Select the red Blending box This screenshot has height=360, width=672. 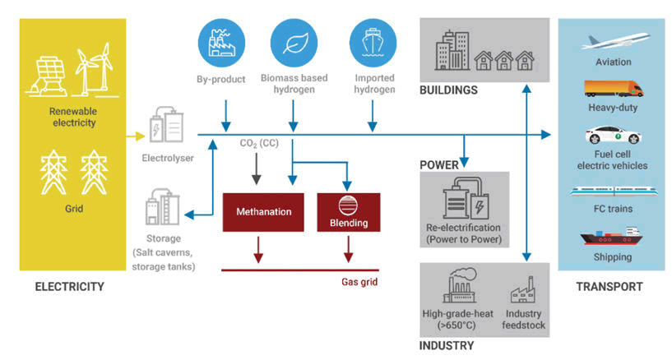point(349,211)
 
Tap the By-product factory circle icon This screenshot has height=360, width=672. point(223,41)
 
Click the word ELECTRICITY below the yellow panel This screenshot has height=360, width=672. point(69,287)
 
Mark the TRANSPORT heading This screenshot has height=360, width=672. point(609,287)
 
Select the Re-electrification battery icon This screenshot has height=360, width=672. point(466,202)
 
